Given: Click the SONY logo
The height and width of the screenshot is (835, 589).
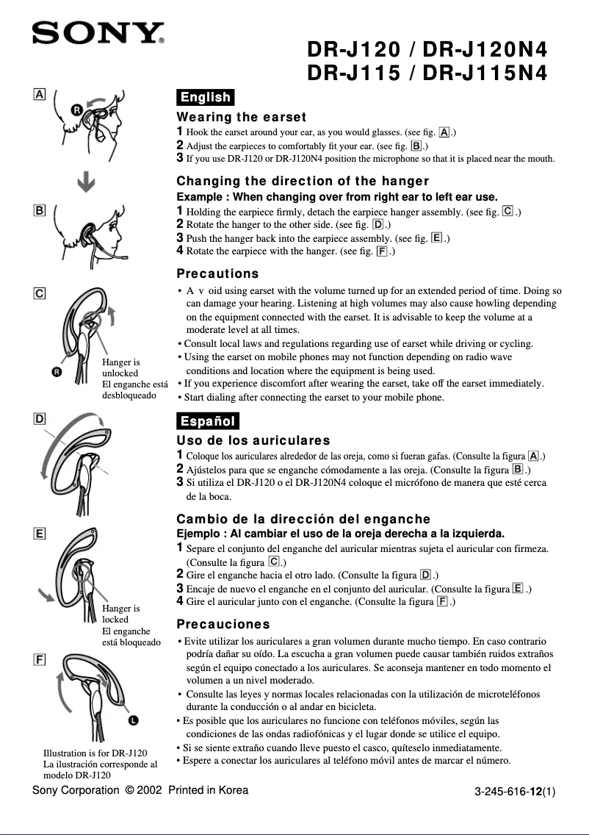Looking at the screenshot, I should [x=96, y=33].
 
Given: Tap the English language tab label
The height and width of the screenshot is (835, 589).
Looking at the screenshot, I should [x=206, y=97].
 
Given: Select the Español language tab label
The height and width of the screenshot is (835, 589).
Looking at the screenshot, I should [x=208, y=420].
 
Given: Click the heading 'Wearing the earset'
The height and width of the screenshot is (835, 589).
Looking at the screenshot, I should [x=242, y=117].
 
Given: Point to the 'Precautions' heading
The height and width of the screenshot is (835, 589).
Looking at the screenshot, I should [x=218, y=273].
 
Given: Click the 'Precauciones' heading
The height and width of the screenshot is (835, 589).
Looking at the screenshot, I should [x=223, y=624].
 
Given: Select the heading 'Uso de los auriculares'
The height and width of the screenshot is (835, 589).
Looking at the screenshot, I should [x=253, y=441].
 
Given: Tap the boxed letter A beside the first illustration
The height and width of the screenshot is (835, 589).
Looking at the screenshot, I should [x=39, y=95].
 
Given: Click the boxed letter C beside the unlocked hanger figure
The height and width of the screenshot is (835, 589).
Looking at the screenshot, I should [x=39, y=293].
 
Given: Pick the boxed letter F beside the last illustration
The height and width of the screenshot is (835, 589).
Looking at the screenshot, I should [x=39, y=659].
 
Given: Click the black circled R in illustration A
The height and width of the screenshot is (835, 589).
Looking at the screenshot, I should [x=76, y=110].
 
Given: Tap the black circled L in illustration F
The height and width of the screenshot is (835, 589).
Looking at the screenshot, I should [x=134, y=720].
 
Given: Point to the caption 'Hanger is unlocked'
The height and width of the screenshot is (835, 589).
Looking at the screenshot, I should [x=121, y=368].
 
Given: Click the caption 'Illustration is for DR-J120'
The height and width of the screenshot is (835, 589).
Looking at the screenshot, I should [x=95, y=753].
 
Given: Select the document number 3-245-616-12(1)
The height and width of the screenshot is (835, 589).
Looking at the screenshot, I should [x=515, y=792].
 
